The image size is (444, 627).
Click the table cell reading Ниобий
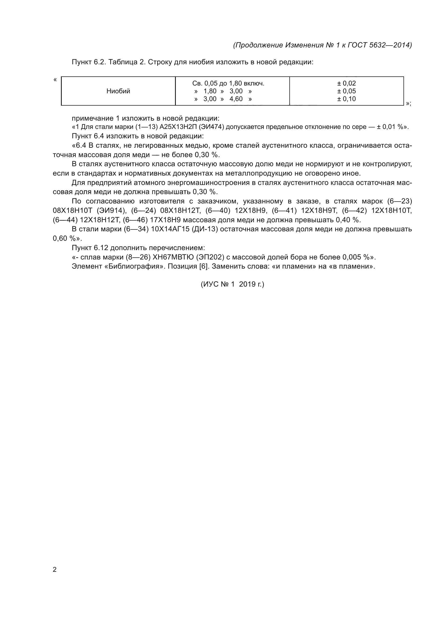point(118,91)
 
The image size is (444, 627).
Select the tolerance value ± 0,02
point(346,83)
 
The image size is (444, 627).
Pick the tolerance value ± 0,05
point(346,91)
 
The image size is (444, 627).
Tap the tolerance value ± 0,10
point(346,99)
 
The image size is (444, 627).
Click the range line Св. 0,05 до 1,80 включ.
point(228,83)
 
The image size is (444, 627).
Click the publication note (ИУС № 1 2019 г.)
point(232,284)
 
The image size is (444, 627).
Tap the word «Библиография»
point(134,266)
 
